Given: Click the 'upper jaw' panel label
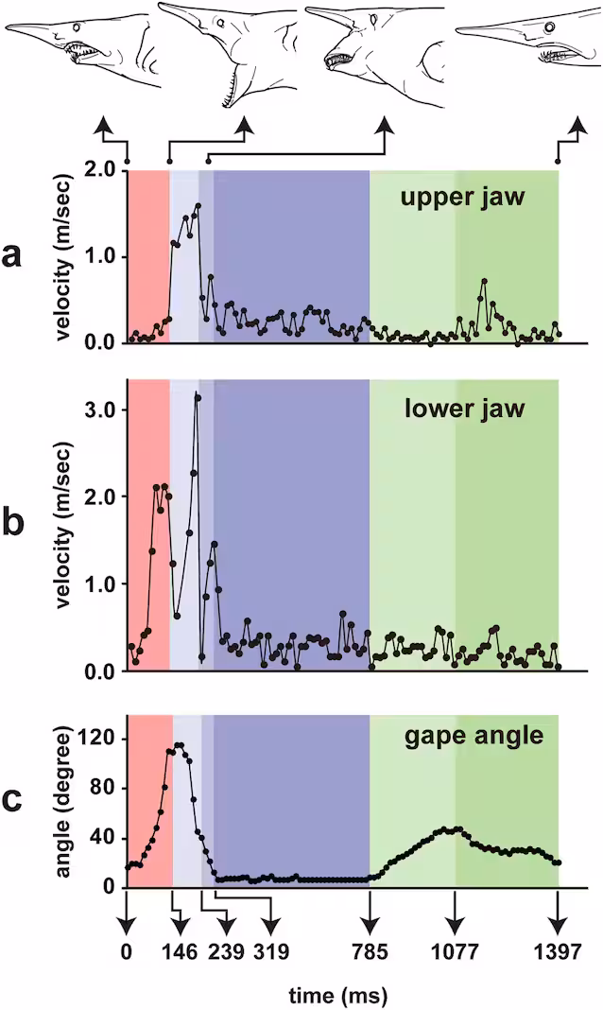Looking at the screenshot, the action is point(462,197).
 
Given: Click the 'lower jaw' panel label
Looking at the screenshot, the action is point(465,409).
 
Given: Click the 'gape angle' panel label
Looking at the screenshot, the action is point(474,736).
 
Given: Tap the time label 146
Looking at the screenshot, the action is point(181,951).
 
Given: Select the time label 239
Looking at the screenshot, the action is point(226,951).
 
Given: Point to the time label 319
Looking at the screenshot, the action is point(271,951).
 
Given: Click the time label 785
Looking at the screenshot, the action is point(370,951).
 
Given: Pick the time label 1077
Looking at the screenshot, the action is point(456,951).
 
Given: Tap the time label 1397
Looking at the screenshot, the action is point(558,951).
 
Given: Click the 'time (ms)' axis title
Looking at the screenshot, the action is point(337,995).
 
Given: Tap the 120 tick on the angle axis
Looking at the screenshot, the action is point(96,739).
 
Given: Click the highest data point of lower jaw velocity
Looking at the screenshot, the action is point(198,398).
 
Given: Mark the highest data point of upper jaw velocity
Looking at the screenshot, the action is point(198,206).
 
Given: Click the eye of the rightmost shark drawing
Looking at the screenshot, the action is point(550,27).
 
